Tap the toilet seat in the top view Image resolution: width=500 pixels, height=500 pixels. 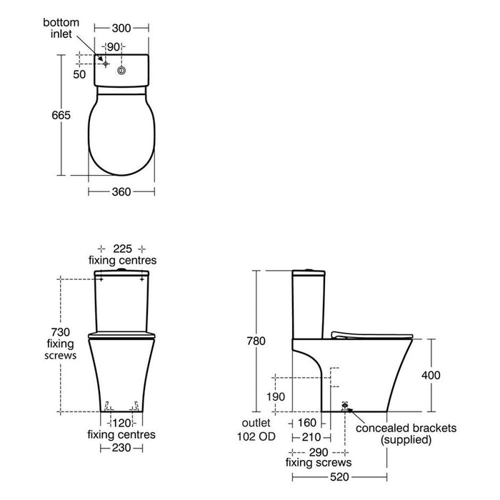point(121,136)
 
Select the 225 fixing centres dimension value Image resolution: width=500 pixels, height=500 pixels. point(121,248)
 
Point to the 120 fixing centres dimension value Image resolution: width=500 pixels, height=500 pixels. point(121,422)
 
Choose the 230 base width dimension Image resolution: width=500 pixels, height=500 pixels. point(121,447)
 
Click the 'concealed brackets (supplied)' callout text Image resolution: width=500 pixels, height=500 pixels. point(405,434)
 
